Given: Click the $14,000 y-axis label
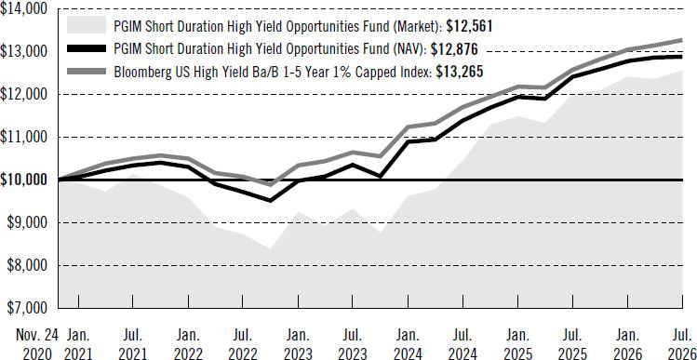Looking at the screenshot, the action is [27, 9].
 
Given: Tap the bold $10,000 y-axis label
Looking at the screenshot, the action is [27, 180].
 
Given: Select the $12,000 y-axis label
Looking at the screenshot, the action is [27, 94].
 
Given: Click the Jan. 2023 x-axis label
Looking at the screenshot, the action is [297, 344].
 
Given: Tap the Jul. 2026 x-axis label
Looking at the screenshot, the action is [681, 344].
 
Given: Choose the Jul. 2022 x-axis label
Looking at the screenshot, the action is [242, 344].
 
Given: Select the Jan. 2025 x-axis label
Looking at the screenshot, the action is [516, 344].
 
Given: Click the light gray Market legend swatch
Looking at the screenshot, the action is [87, 25].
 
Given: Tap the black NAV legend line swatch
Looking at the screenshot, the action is [87, 48].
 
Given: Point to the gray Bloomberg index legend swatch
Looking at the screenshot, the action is [87, 71].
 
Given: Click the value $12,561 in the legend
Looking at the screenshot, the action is [469, 26].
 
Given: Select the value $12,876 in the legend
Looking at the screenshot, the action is [454, 49].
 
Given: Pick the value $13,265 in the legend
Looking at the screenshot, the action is [460, 72].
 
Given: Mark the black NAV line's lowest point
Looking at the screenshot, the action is [270, 200].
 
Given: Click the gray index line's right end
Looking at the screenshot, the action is [682, 40].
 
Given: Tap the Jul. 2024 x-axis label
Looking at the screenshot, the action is [462, 344].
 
